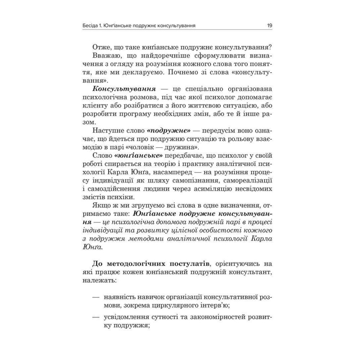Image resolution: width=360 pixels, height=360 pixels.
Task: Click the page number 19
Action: coord(269,26)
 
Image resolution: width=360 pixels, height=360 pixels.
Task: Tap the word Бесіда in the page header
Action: coord(91,26)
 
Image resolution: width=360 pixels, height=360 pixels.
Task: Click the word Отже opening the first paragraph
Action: coord(102,48)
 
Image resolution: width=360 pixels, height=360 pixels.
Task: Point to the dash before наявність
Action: coord(95,298)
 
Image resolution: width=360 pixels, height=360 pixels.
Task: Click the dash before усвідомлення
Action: coord(95,318)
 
